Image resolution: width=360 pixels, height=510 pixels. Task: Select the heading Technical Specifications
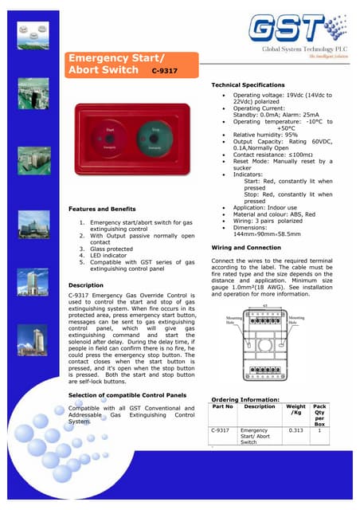248,84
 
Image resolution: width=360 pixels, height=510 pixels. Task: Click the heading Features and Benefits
103,210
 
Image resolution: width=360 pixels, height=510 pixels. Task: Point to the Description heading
86,284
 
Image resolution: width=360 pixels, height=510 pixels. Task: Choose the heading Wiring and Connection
246,248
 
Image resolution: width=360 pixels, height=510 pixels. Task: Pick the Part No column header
224,406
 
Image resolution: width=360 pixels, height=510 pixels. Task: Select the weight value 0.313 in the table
295,430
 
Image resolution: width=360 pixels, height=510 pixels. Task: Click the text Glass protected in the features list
112,249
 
